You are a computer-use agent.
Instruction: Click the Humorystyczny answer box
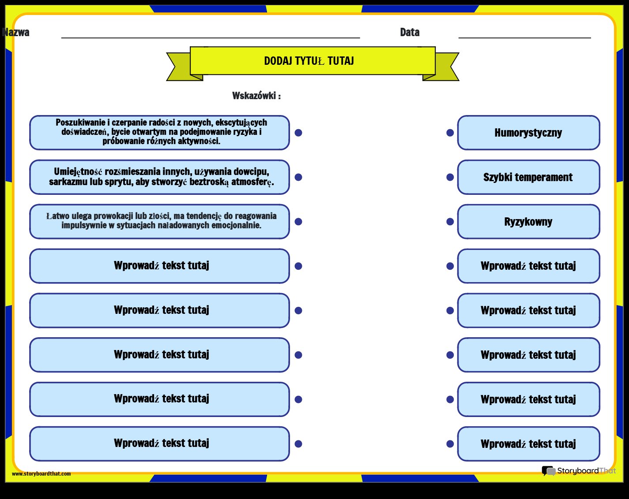tap(528, 133)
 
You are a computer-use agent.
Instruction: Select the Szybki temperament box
tap(528, 177)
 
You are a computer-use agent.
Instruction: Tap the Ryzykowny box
tap(528, 222)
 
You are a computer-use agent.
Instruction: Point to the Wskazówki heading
tap(256, 96)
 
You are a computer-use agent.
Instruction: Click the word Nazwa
tap(16, 32)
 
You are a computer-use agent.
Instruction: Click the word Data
tap(410, 32)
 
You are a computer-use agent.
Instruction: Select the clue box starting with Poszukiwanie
tap(160, 133)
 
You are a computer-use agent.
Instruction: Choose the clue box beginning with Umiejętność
tap(160, 177)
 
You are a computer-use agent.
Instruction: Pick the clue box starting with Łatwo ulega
tap(160, 222)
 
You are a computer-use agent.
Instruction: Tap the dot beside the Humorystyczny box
tap(450, 133)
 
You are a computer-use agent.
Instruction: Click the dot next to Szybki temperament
tap(450, 177)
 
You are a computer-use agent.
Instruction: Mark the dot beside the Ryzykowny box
tap(450, 222)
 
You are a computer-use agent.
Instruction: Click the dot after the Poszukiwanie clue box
tap(298, 133)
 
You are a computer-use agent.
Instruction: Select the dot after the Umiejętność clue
tap(298, 177)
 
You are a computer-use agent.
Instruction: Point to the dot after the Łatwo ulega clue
tap(298, 222)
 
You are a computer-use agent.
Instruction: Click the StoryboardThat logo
tap(579, 471)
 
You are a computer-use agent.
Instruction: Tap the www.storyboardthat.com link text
tap(41, 473)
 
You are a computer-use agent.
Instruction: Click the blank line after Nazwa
tap(211, 37)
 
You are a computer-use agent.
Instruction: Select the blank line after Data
tap(525, 37)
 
